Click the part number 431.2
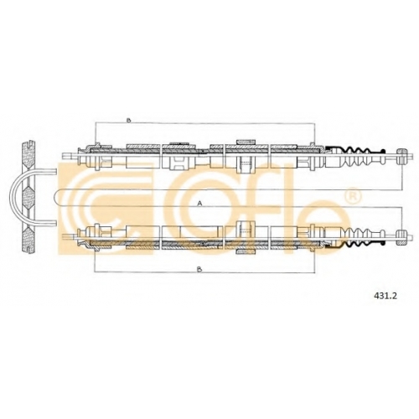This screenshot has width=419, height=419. pos(385,296)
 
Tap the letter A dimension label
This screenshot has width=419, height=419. pos(199,204)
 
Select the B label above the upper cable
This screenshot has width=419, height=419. pos(128,121)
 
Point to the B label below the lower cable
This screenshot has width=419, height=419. pos(199,269)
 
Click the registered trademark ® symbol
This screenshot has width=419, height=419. pos(353,195)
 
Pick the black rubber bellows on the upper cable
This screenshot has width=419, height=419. pos(354,158)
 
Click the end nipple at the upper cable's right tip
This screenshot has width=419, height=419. pos(401,156)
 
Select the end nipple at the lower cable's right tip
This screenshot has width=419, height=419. pos(401,237)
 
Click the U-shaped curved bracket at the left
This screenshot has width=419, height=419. pos(10,197)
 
